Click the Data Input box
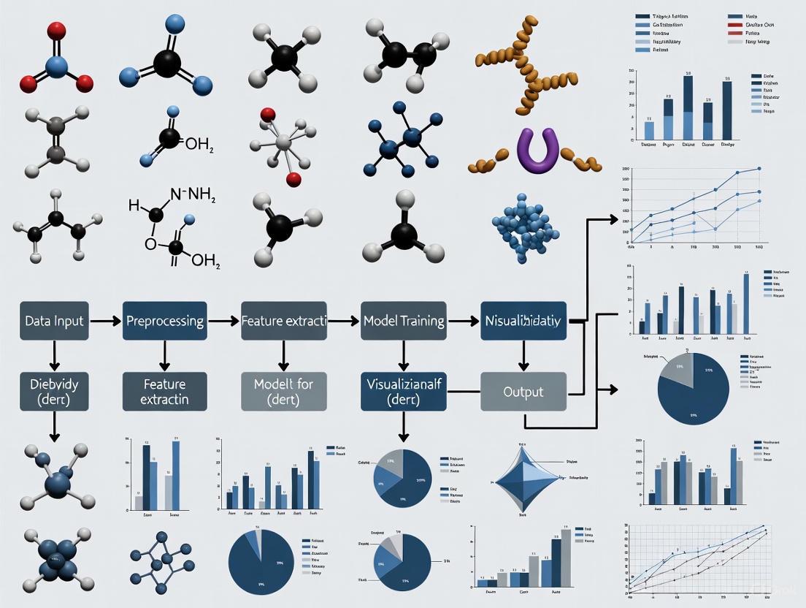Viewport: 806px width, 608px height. (x=54, y=321)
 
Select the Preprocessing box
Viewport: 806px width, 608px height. (x=165, y=321)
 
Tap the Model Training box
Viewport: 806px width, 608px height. (x=404, y=321)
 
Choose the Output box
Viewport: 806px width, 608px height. (x=523, y=392)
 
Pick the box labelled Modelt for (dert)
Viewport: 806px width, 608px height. (x=282, y=392)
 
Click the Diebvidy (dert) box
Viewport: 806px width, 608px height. (x=54, y=392)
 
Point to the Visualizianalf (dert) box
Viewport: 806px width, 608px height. (x=404, y=392)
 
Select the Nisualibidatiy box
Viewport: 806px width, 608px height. (x=523, y=321)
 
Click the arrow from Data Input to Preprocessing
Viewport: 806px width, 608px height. (x=106, y=321)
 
